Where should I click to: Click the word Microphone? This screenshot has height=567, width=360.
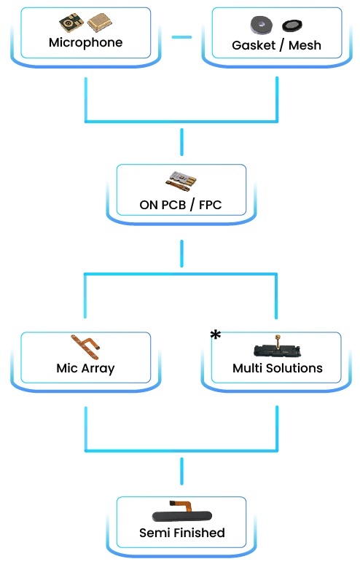pyautogui.click(x=86, y=43)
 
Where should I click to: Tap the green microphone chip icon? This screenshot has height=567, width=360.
pyautogui.click(x=71, y=23)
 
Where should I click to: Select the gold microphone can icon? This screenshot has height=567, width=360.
pyautogui.click(x=100, y=22)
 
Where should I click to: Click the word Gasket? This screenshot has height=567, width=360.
pyautogui.click(x=254, y=45)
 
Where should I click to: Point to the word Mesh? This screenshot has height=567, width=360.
pyautogui.click(x=305, y=45)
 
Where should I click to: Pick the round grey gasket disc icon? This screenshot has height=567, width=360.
pyautogui.click(x=262, y=26)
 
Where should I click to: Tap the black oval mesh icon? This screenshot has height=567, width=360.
pyautogui.click(x=292, y=26)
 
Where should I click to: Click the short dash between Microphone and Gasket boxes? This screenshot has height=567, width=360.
pyautogui.click(x=181, y=37)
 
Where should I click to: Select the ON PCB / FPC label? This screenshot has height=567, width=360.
pyautogui.click(x=180, y=205)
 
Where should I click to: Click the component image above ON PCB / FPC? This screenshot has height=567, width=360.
pyautogui.click(x=181, y=181)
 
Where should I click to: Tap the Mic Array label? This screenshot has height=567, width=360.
pyautogui.click(x=86, y=369)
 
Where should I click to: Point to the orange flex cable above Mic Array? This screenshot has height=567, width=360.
pyautogui.click(x=85, y=347)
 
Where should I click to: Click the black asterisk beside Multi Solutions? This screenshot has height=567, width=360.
pyautogui.click(x=216, y=335)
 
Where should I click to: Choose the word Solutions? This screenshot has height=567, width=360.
pyautogui.click(x=294, y=368)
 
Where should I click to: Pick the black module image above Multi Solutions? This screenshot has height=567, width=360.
pyautogui.click(x=278, y=347)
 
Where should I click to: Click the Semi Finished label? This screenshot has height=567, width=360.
pyautogui.click(x=181, y=533)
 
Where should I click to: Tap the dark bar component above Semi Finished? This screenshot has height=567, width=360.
pyautogui.click(x=181, y=512)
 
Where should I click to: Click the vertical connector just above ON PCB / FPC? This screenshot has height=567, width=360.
pyautogui.click(x=181, y=142)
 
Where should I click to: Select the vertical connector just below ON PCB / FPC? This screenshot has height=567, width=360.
pyautogui.click(x=181, y=254)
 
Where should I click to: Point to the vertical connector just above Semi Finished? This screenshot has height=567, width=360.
pyautogui.click(x=181, y=472)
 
